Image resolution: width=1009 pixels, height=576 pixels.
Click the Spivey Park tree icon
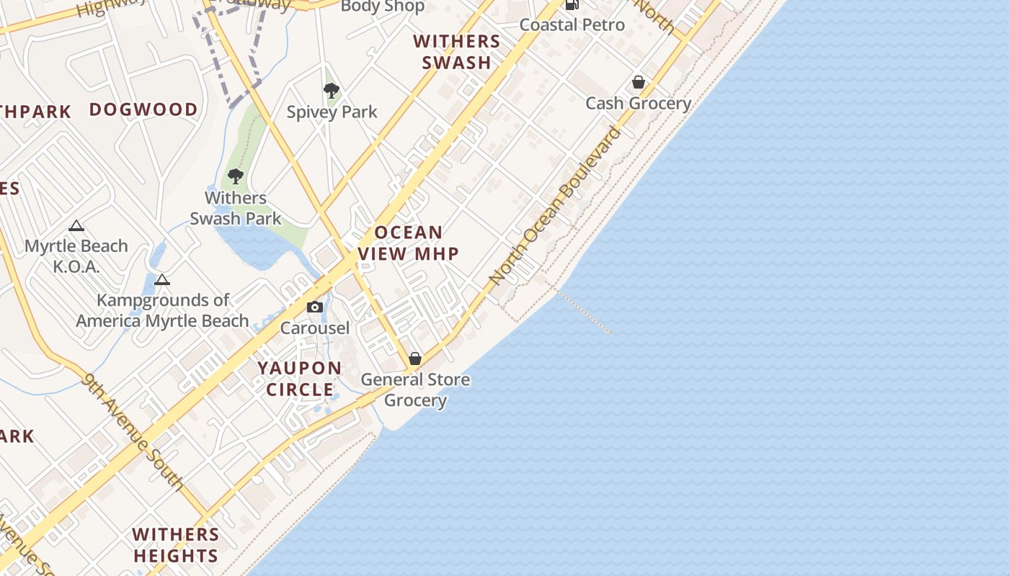332,91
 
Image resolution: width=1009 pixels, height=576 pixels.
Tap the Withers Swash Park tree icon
235,176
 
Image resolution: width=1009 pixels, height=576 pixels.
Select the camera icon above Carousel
314,307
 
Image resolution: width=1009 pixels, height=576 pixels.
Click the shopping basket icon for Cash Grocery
638,82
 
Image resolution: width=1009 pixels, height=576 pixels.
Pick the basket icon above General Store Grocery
415,358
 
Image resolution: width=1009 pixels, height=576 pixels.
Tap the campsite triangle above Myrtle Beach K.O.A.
76,226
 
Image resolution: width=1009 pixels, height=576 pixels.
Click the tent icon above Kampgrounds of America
162,279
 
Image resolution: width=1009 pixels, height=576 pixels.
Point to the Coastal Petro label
572,24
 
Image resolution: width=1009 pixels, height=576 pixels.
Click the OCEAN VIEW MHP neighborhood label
409,243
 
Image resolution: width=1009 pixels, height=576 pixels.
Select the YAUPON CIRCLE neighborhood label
300,379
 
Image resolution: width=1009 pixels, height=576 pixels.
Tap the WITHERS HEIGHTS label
176,545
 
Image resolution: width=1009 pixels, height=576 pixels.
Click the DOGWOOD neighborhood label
143,109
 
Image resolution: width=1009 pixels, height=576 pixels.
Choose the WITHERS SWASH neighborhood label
457,51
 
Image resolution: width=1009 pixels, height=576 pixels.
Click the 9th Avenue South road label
134,431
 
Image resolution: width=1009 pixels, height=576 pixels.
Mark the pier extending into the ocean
584,311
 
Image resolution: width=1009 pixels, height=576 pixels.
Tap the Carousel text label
315,328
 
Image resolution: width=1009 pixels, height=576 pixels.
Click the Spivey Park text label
332,112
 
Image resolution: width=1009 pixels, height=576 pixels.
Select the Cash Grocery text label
638,103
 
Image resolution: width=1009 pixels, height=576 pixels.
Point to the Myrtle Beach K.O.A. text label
76,256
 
